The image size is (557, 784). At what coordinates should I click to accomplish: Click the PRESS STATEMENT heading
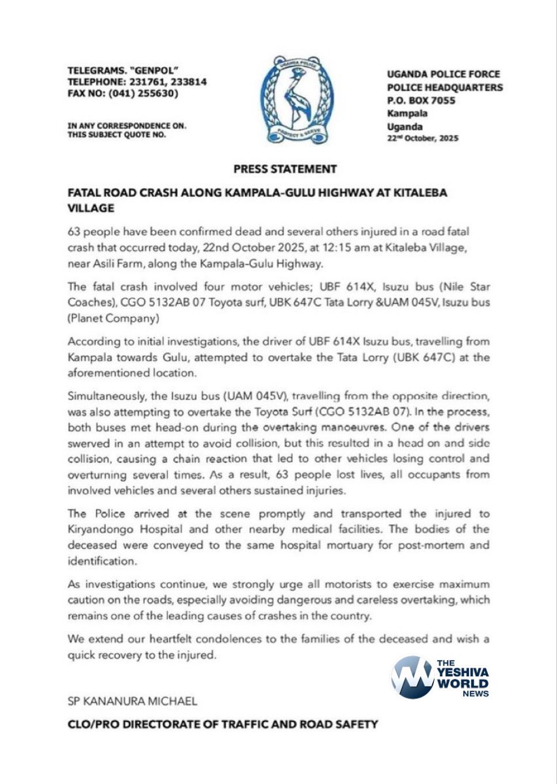(285, 169)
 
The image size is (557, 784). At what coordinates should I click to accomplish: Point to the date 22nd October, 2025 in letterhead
(422, 138)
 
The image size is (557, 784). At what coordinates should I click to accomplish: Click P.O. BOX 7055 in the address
(421, 100)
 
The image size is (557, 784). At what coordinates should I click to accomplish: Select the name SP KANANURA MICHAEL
(132, 701)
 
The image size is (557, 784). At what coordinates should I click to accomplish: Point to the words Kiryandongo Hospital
(125, 529)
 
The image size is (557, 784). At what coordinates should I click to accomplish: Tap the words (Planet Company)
(113, 318)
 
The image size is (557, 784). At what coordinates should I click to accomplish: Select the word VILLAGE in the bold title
(91, 208)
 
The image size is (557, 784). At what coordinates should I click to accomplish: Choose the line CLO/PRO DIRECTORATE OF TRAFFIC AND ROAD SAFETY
(223, 724)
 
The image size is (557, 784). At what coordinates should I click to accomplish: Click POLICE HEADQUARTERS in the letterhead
(444, 87)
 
